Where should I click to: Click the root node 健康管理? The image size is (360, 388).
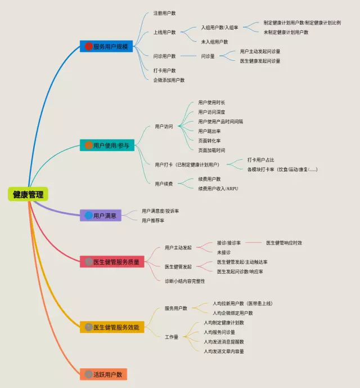point(28,194)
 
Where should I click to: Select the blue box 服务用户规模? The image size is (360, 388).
point(106,46)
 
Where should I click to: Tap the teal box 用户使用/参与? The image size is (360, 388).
point(106,145)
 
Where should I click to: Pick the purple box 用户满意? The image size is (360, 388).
point(101,215)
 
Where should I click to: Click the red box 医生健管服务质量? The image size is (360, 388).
point(112,261)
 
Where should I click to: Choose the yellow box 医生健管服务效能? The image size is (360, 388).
point(112,327)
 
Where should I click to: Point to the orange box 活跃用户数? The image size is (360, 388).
point(103,374)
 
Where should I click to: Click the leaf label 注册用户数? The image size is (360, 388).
point(164,13)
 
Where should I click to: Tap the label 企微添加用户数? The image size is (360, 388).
point(169,80)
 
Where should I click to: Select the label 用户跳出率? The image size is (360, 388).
point(209,131)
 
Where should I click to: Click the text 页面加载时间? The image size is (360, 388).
point(211,150)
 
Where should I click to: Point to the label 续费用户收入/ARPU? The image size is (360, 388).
point(218,188)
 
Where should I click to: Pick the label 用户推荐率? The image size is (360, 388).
point(153,220)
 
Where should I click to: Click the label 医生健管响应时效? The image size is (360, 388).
point(284,243)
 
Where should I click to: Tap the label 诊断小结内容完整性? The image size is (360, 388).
point(184,280)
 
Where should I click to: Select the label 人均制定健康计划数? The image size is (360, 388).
point(224,323)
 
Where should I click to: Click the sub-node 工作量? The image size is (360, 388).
point(172,337)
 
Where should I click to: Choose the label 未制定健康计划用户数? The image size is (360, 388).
point(286,32)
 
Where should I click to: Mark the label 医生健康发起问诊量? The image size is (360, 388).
point(260,60)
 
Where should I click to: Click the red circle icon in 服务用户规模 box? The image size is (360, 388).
point(88,46)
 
